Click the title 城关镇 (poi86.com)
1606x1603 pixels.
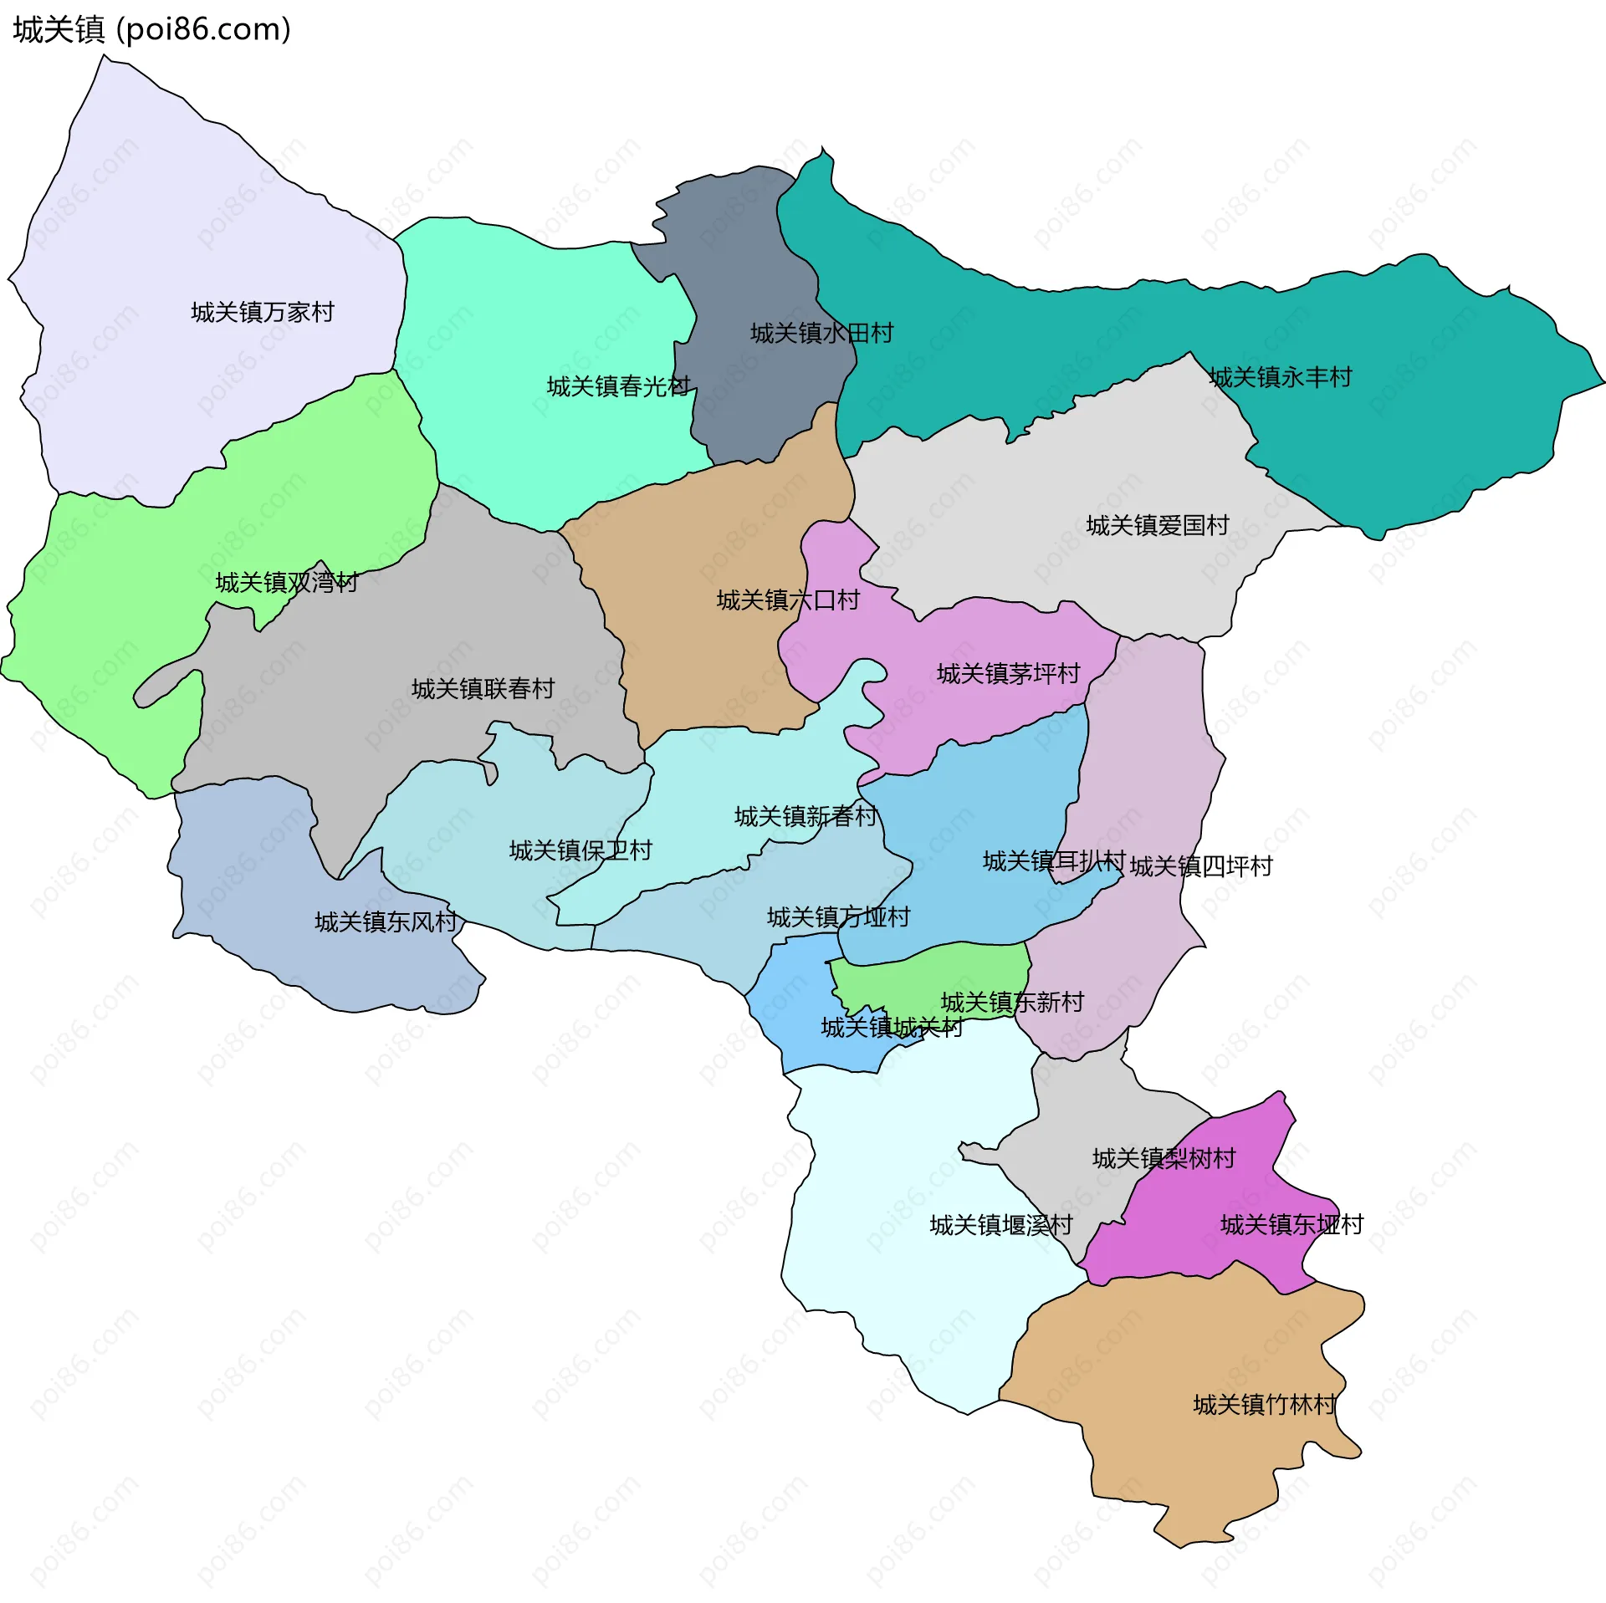(151, 29)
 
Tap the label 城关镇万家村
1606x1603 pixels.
(263, 312)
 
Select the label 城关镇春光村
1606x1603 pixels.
(618, 386)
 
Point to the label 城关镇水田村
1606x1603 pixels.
(821, 334)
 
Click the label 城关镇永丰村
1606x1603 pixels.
(1280, 377)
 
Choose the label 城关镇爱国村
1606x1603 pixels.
(1158, 525)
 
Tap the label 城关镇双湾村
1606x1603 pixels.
(287, 582)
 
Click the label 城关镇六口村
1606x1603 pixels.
(788, 600)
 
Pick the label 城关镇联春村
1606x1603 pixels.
(483, 688)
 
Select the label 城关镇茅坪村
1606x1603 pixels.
(1008, 673)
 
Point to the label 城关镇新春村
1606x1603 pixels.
(806, 816)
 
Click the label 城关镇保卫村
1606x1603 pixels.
(581, 850)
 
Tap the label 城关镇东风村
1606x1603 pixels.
(386, 921)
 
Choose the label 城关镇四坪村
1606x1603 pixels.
(1200, 866)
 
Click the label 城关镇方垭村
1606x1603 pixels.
(838, 917)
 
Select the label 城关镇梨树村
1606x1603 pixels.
(1164, 1158)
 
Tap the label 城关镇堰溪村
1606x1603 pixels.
(1001, 1225)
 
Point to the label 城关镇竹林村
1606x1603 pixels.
(1264, 1404)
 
